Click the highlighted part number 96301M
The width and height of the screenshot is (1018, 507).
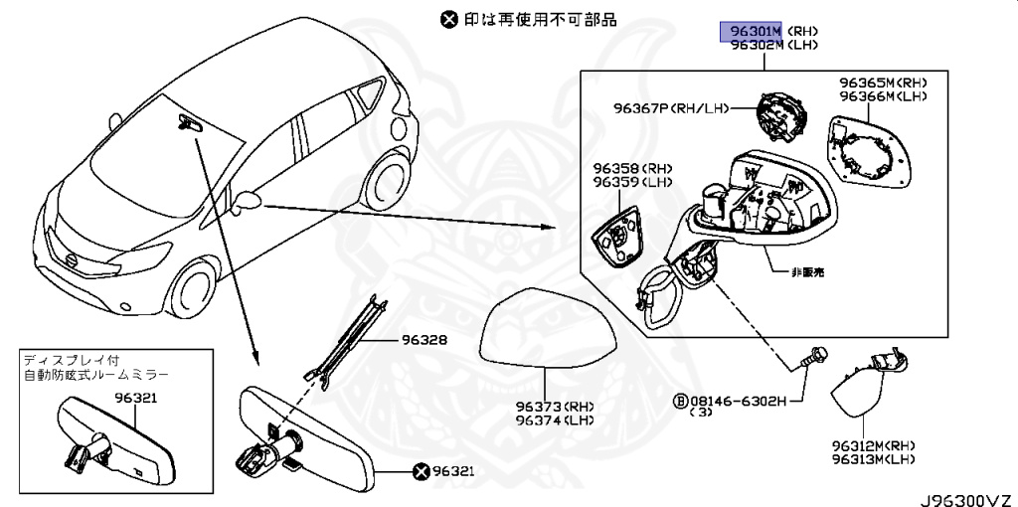pyautogui.click(x=753, y=32)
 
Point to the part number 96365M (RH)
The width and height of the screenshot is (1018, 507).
pyautogui.click(x=882, y=84)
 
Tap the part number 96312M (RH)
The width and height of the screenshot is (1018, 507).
pyautogui.click(x=873, y=446)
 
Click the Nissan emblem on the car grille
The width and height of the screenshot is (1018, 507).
pyautogui.click(x=72, y=259)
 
